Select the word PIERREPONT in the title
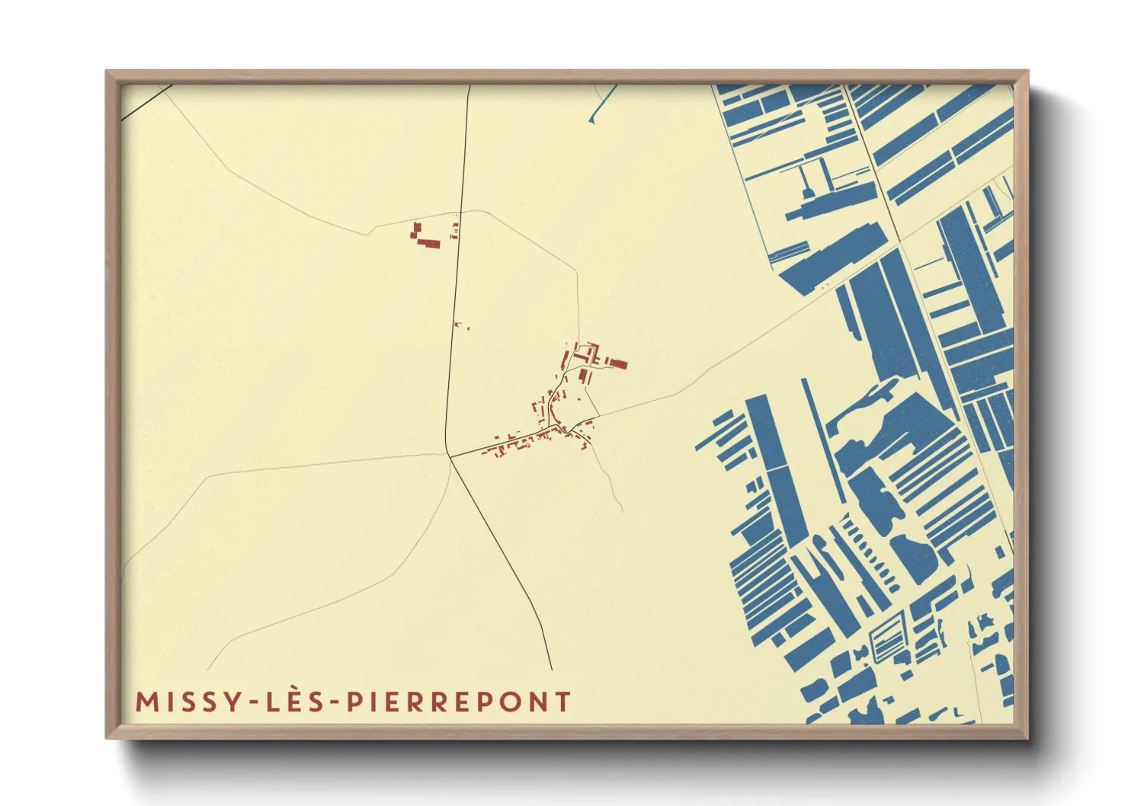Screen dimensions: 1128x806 point(460,702)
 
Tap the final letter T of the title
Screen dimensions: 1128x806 point(563,702)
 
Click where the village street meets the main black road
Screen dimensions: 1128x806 point(450,456)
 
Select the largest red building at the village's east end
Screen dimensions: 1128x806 point(616,364)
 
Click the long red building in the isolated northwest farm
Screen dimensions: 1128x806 point(428,244)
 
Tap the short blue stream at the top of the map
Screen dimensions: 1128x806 point(602,103)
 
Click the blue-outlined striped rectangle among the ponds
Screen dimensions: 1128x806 point(884,638)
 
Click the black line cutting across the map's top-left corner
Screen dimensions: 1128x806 point(145,102)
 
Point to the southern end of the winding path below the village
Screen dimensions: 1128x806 point(623,510)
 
